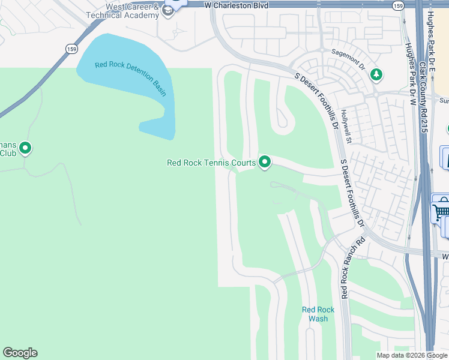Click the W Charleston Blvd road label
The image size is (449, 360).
tap(235, 5)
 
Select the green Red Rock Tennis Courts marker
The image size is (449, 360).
tap(265, 162)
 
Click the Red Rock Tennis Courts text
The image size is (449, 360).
tap(211, 163)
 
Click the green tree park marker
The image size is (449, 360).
tap(376, 74)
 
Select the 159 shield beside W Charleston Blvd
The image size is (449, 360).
tap(397, 5)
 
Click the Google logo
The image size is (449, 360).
tap(20, 353)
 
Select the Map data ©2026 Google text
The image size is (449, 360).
tap(412, 355)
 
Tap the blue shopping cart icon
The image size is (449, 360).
tap(441, 210)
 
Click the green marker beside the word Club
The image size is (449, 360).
tap(25, 148)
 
